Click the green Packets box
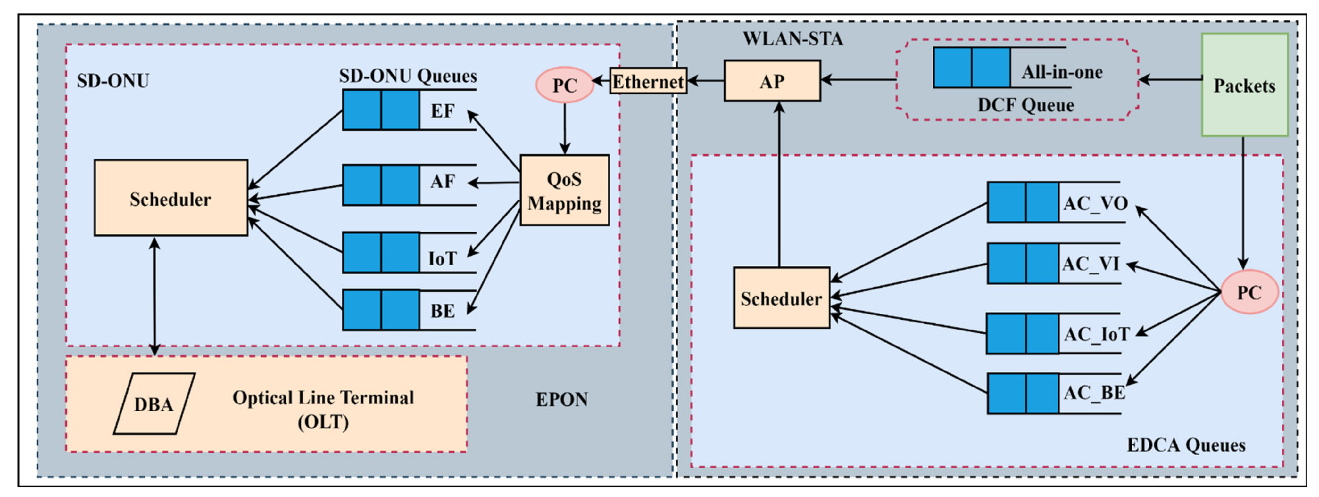coord(1244,85)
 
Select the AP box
coord(772,80)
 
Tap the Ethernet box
coord(648,81)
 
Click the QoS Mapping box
coord(564,190)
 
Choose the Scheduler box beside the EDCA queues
coord(781,297)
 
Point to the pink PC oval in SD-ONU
coord(564,85)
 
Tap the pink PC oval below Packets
coord(1249,292)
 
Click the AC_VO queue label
coord(1095,203)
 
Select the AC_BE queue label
coord(1094,393)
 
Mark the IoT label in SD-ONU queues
coord(442,258)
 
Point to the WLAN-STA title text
coord(792,38)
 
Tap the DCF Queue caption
coord(1025,105)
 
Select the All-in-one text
coord(1062,72)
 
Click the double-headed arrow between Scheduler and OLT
coord(154,296)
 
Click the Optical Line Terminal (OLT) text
coord(323,410)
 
